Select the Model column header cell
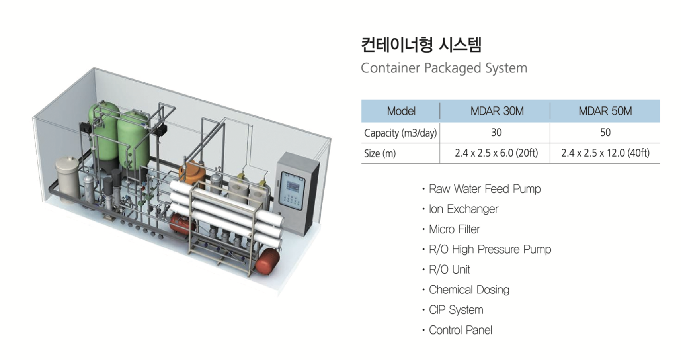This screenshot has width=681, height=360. [401, 111]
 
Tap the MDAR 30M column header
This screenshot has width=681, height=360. [497, 111]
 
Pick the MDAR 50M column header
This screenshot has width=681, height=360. [605, 111]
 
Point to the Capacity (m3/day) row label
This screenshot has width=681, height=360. [400, 133]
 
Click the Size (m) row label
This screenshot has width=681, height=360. [380, 153]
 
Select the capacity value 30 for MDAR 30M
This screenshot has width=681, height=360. [496, 133]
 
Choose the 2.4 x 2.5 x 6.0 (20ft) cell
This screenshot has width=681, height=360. [496, 153]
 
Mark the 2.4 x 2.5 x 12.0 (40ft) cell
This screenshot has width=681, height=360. [605, 153]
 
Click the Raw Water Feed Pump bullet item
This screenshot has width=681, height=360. [484, 189]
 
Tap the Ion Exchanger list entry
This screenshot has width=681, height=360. [463, 209]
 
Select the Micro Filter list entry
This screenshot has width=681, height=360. [454, 229]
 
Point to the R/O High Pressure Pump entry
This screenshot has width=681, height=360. [490, 250]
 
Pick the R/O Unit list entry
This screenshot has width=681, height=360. [449, 270]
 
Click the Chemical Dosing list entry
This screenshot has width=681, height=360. [469, 290]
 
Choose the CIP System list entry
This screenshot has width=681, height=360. [456, 310]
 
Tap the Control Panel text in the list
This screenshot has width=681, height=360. [460, 330]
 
